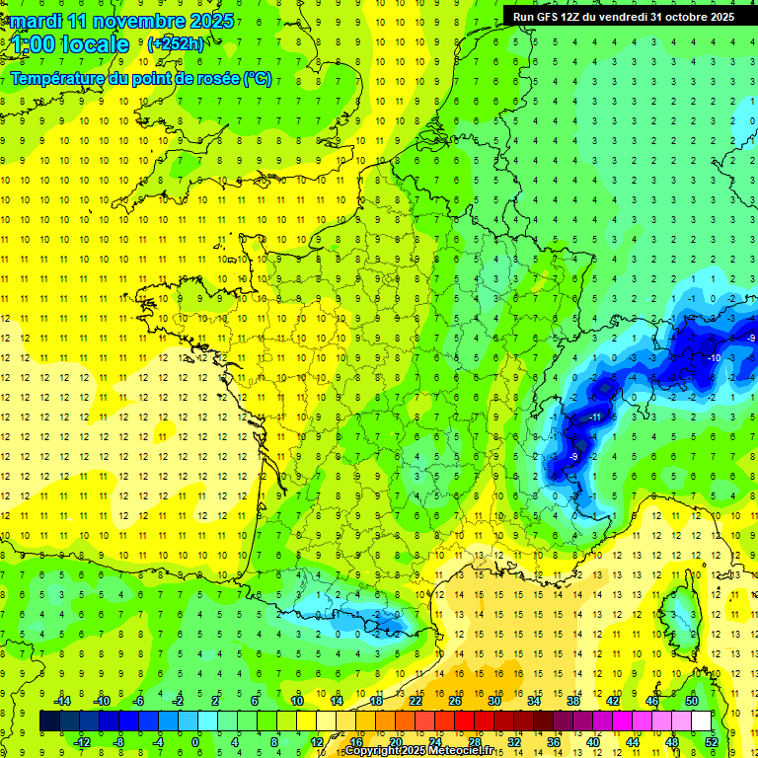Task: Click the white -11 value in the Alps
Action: (595, 417)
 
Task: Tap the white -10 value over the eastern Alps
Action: (714, 357)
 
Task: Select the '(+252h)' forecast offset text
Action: (176, 43)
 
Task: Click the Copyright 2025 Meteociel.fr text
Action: (417, 751)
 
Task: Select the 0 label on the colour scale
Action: (195, 742)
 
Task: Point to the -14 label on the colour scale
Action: (62, 701)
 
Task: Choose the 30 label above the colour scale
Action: (493, 701)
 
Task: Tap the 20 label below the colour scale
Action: (396, 742)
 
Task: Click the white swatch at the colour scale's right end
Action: (702, 721)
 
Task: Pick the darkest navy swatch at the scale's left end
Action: (50, 721)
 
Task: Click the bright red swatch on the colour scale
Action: (465, 721)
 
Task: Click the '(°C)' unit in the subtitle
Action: (258, 78)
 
